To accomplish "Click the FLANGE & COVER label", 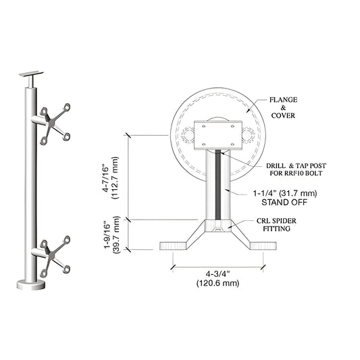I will [284, 107].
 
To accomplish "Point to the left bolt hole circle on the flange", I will [185, 136].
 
